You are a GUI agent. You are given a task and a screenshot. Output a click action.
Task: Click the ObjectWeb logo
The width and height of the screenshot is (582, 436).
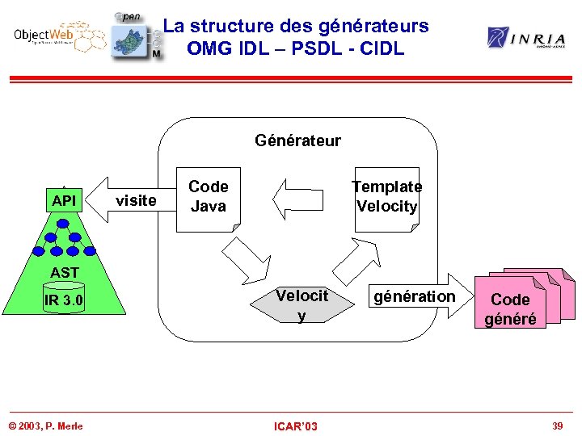tap(58, 36)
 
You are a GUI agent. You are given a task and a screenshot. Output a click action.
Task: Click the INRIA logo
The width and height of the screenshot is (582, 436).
tap(525, 37)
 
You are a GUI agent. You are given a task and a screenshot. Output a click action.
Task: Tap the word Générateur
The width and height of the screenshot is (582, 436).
tap(297, 140)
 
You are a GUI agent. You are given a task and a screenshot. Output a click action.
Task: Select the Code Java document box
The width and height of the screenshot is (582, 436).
tap(208, 197)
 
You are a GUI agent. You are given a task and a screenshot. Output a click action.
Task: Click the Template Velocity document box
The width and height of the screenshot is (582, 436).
tap(386, 197)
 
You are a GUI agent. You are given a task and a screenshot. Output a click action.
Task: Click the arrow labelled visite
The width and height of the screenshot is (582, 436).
tap(129, 199)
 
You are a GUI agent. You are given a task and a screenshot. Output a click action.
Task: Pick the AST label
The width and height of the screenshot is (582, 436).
tap(65, 272)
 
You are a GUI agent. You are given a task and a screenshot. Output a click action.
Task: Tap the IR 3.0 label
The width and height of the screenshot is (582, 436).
tap(65, 301)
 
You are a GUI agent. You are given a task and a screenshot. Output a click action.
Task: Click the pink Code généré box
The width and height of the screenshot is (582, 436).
tap(511, 308)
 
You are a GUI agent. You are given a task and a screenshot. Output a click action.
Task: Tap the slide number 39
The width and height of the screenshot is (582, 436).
tap(557, 426)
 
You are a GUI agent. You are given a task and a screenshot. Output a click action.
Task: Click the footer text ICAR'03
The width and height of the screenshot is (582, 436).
tap(296, 426)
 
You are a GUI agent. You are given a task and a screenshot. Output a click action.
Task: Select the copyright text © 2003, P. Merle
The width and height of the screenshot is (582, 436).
tap(45, 426)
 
